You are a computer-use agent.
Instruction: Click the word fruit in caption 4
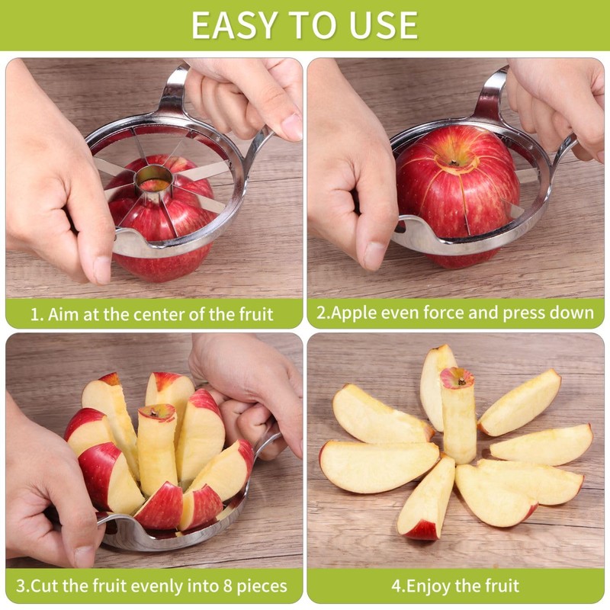tap(498, 586)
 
